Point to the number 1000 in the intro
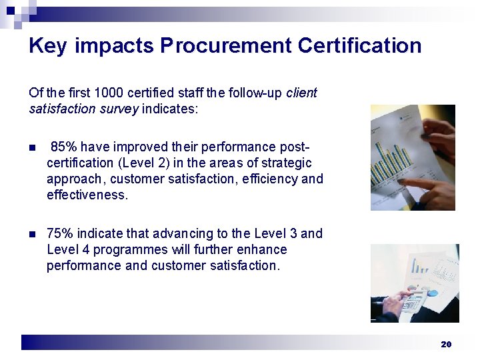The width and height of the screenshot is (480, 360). (109, 93)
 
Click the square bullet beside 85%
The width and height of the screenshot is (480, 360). (33, 147)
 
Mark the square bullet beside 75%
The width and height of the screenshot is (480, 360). (33, 234)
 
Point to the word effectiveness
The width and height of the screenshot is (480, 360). (87, 195)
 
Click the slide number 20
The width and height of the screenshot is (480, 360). (446, 344)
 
